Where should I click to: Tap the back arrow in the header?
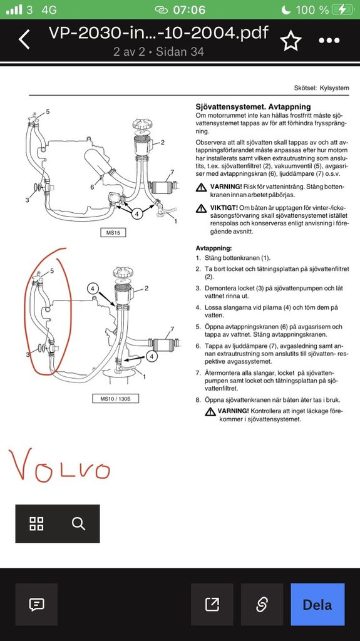coord(24,40)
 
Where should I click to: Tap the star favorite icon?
coord(290,41)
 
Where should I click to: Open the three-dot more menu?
coord(329,41)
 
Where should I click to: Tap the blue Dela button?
coord(317,605)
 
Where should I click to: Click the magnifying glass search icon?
coord(78,523)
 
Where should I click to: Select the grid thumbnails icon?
coord(36,523)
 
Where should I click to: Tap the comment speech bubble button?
coord(36,605)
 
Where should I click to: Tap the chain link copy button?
coord(262,605)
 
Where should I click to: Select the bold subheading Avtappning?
coord(213,248)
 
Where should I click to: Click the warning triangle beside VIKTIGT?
coord(200,208)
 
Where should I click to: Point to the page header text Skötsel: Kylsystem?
coord(322,88)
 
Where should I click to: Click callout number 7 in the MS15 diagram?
coord(172,172)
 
